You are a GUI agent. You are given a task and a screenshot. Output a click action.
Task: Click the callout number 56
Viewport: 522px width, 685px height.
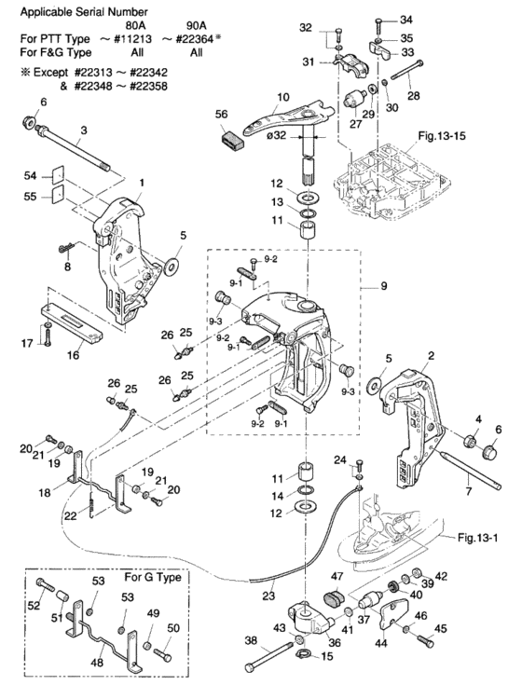[222, 114]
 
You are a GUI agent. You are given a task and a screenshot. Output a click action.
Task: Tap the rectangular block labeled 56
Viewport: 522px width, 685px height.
[229, 143]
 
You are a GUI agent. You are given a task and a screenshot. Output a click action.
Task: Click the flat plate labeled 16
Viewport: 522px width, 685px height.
[73, 322]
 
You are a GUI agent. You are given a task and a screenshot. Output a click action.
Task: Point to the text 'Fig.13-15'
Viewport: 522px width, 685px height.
[442, 136]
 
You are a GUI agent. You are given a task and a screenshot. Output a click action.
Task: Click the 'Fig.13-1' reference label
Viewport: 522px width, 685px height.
[478, 537]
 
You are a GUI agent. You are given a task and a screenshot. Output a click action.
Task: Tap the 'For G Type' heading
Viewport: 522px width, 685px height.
[153, 577]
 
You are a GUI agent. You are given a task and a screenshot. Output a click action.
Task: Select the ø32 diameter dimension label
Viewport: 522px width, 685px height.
[276, 136]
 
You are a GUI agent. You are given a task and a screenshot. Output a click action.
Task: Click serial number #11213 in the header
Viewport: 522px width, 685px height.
[132, 39]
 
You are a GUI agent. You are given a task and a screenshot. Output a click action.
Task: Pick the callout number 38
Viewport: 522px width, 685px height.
[251, 640]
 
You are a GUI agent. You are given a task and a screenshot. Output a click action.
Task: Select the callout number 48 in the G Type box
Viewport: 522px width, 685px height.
[97, 663]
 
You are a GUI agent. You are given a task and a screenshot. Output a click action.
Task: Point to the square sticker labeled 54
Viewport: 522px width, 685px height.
[58, 175]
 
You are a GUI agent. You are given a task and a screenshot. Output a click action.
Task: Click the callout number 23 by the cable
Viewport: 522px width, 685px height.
[268, 595]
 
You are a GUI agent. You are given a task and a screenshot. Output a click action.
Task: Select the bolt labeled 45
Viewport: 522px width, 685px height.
[425, 641]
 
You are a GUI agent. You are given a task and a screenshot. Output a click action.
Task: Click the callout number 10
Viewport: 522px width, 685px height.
[283, 97]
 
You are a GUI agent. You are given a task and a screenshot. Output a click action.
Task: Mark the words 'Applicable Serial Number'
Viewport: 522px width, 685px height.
[84, 12]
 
